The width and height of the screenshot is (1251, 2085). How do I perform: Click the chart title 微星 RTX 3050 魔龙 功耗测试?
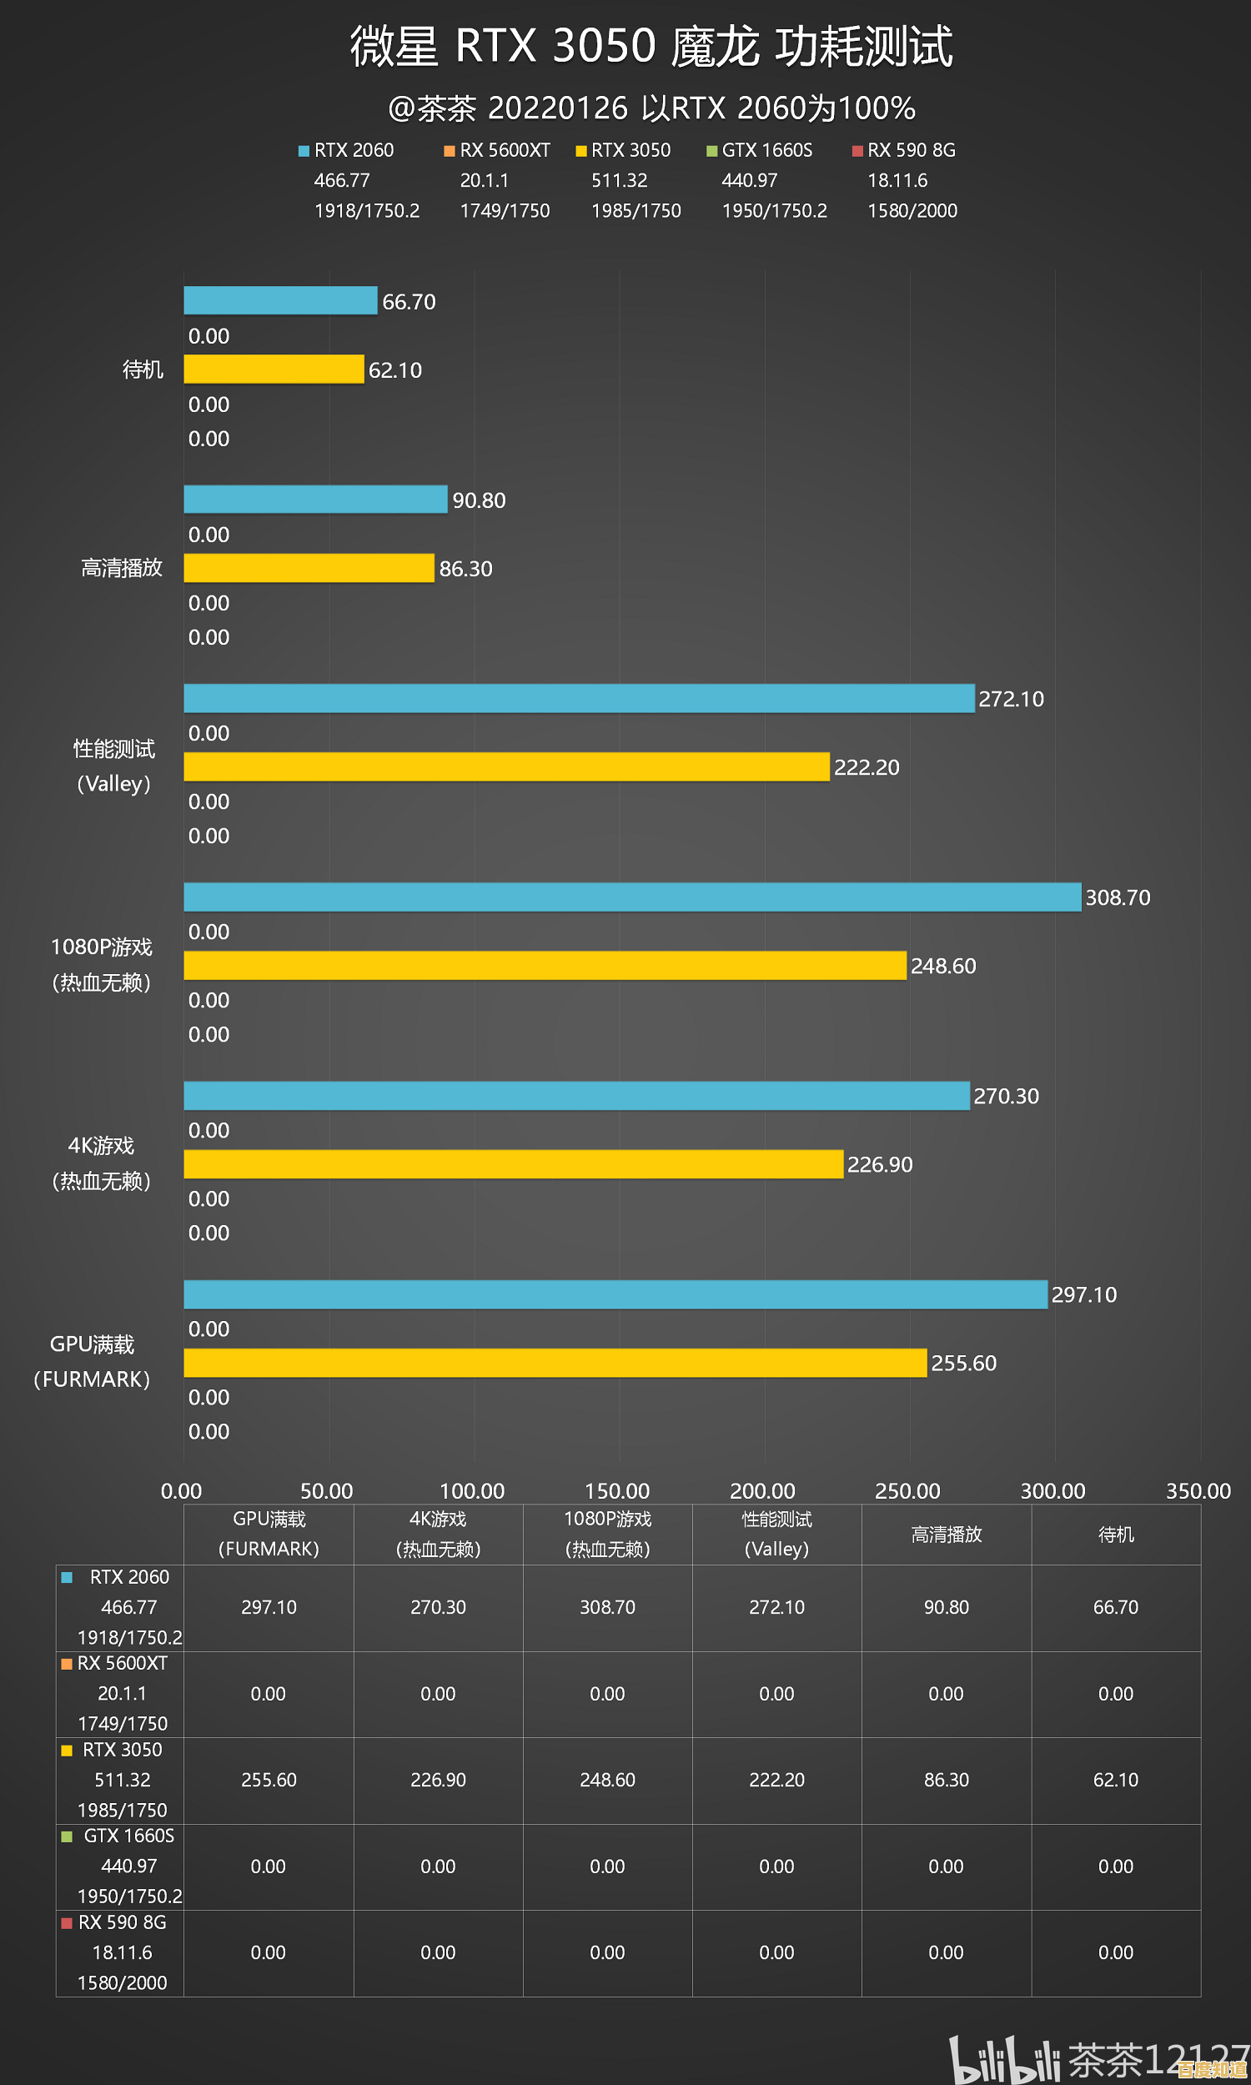[x=651, y=46]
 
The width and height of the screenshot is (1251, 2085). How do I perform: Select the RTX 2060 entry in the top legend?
[x=354, y=150]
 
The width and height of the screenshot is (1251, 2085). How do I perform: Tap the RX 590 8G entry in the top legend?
[x=911, y=150]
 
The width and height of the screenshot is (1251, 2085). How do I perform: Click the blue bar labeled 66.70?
[x=280, y=300]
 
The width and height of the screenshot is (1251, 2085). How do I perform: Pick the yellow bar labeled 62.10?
[x=273, y=369]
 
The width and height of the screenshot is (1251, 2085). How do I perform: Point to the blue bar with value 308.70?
[x=632, y=897]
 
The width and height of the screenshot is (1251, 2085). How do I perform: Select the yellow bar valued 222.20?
[x=505, y=767]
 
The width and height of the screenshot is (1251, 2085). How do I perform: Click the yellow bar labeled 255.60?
[x=555, y=1363]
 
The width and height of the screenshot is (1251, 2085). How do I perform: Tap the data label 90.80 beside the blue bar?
[x=479, y=500]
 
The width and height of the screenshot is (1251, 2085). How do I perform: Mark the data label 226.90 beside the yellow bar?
[x=879, y=1165]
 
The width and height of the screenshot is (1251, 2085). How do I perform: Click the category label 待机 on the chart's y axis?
[x=143, y=369]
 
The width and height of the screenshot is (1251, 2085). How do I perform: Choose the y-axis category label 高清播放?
[x=122, y=568]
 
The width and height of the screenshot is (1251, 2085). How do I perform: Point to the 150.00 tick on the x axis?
[x=617, y=1491]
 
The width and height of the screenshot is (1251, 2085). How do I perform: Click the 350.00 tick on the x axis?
[x=1198, y=1491]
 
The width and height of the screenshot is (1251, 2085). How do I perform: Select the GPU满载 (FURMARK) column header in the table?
[x=269, y=1534]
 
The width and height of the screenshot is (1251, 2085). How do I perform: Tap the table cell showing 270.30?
[x=438, y=1607]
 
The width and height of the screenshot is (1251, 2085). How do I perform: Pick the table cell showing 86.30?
[x=946, y=1779]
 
